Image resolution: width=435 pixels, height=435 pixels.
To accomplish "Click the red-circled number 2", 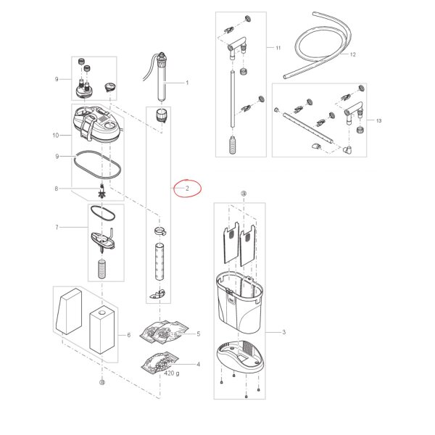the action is tap(187, 188).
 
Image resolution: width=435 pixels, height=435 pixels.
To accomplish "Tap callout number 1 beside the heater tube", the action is tap(187, 83).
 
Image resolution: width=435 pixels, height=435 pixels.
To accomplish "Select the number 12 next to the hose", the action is tap(352, 54).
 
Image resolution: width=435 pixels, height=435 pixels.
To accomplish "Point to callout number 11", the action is tap(278, 48).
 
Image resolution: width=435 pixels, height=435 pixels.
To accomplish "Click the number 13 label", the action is tap(378, 120).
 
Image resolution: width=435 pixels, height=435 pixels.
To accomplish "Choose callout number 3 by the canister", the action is tap(283, 332).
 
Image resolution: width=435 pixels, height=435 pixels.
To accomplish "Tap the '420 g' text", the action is tap(171, 373).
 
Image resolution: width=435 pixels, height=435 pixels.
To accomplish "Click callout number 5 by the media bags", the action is tap(199, 333).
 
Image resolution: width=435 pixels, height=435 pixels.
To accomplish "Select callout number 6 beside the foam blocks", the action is tap(129, 335).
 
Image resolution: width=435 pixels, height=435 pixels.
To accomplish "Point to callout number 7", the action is tap(57, 228).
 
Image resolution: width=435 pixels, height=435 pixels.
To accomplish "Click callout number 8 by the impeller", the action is tap(57, 188).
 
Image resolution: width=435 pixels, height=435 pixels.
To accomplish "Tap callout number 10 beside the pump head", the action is tap(56, 136).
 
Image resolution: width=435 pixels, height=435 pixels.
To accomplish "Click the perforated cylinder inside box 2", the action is tap(159, 262).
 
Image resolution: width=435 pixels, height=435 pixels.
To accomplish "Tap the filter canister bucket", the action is tap(239, 302).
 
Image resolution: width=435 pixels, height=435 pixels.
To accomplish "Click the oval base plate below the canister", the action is tap(240, 357).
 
